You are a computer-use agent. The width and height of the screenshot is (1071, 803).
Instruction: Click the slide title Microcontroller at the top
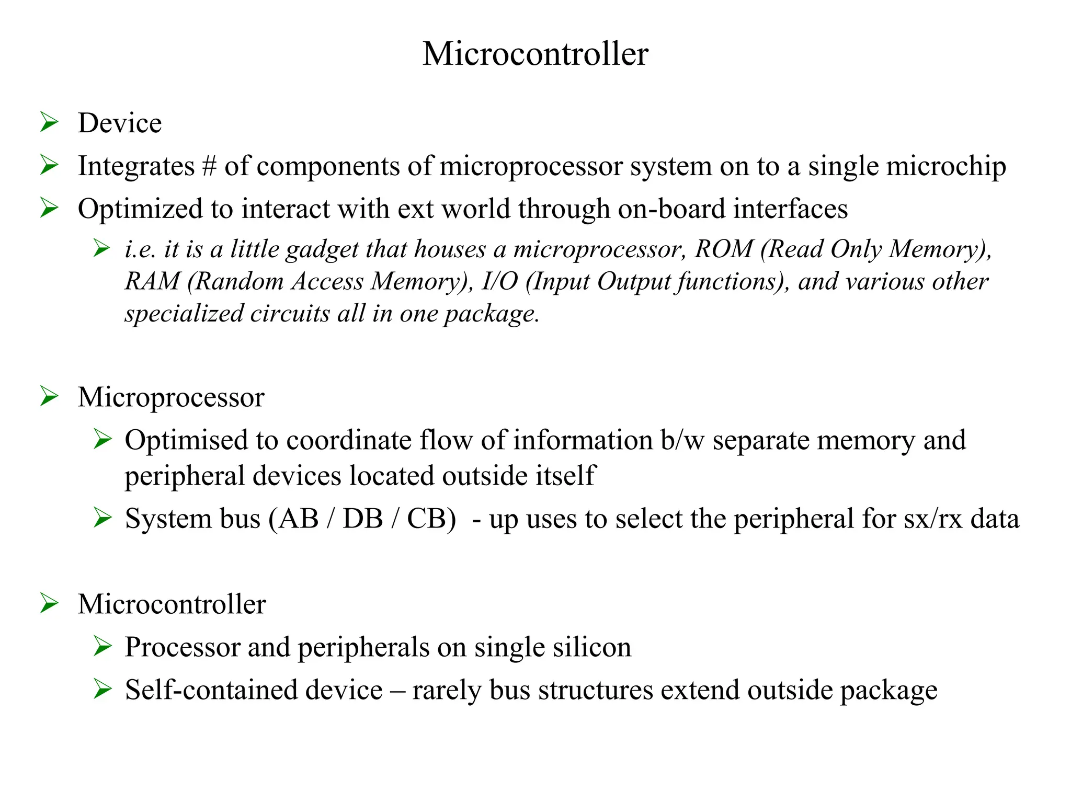click(535, 53)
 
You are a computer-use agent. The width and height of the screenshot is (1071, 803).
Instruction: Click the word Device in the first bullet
click(120, 123)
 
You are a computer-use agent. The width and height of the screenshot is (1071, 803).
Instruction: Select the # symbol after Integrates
click(209, 166)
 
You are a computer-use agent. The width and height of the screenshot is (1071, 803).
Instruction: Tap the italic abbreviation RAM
click(152, 281)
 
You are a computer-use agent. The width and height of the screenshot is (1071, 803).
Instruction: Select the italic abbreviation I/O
click(500, 281)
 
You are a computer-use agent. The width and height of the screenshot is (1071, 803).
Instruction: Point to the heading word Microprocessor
click(171, 397)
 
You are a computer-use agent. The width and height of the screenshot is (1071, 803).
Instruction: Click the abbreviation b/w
click(682, 440)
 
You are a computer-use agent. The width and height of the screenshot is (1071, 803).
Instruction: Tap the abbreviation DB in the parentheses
click(362, 519)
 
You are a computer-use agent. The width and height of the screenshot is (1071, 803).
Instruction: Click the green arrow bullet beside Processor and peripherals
click(102, 647)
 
